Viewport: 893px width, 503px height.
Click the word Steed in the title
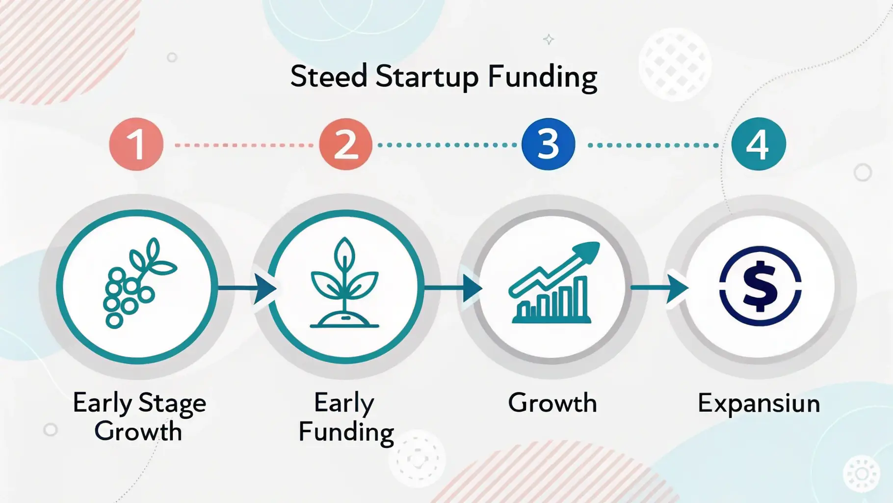coord(329,77)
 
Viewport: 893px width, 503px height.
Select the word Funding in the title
coord(542,78)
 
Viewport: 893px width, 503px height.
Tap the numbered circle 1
coord(136,144)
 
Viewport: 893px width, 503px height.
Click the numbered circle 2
coord(345,144)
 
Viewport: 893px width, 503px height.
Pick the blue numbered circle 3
coord(548,144)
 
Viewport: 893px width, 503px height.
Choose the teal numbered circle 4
coord(758,144)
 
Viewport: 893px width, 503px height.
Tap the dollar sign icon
coord(760,286)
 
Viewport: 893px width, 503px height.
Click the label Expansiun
coord(759,404)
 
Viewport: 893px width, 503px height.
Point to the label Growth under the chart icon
coord(552,403)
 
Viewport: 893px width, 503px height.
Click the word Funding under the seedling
coord(346,433)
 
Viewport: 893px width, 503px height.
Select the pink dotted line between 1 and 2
coord(244,145)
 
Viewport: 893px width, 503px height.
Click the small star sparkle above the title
coord(549,39)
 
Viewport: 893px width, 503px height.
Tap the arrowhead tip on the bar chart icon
coord(600,242)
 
